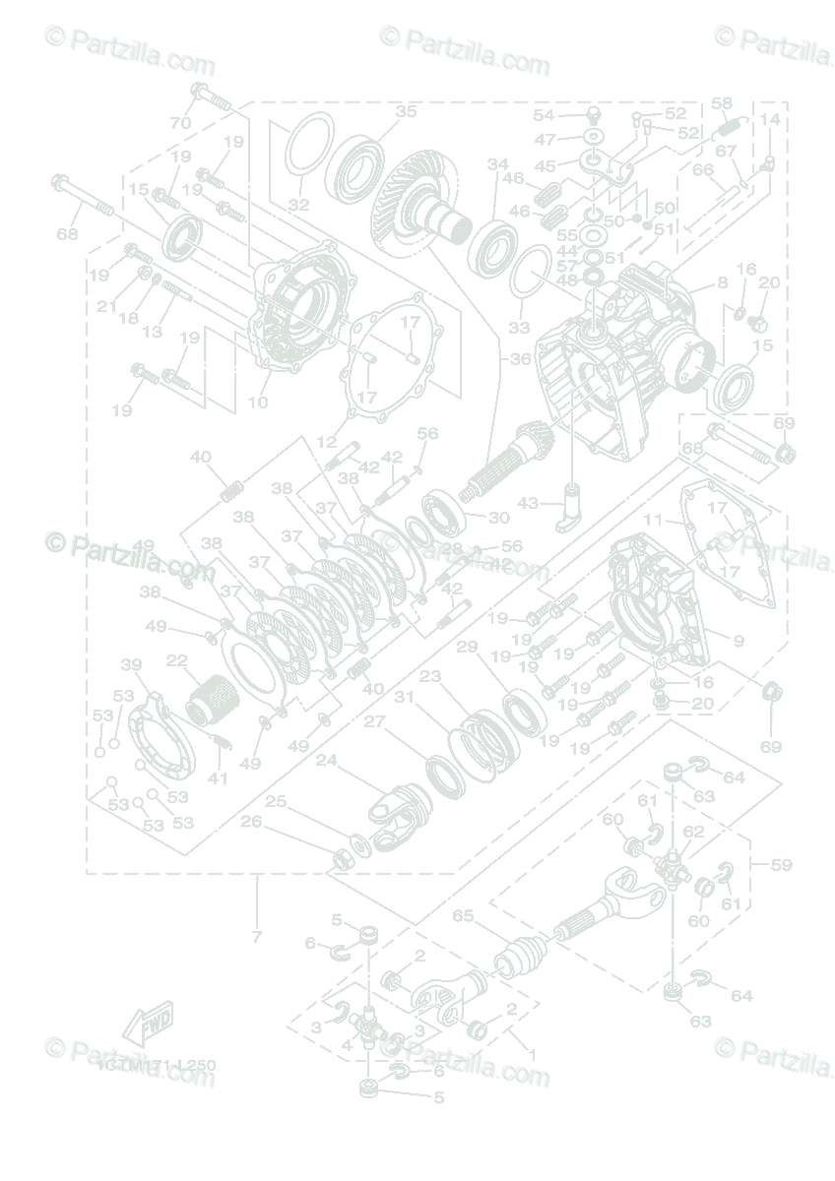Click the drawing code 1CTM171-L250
[157, 1065]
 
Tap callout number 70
[180, 123]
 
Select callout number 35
[407, 111]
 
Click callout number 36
[519, 359]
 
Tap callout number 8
[722, 281]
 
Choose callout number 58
[722, 103]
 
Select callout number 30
[498, 518]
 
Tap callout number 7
[257, 937]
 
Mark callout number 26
[251, 822]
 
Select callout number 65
[463, 915]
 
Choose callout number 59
[782, 865]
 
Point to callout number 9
[739, 641]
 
